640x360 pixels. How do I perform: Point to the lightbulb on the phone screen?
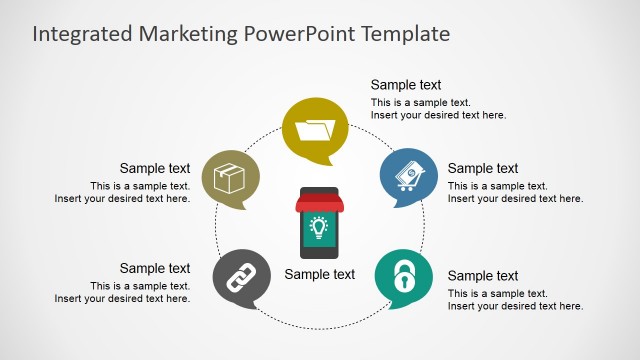(319, 227)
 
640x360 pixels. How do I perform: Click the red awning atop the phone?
(319, 203)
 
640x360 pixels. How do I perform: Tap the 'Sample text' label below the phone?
(320, 274)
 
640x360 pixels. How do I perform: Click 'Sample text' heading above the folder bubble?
(406, 85)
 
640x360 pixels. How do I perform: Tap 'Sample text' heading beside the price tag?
(483, 168)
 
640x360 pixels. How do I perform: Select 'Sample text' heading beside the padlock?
(483, 276)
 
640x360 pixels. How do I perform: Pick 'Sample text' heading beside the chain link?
(155, 268)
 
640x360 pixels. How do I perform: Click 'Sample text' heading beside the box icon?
(155, 168)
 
